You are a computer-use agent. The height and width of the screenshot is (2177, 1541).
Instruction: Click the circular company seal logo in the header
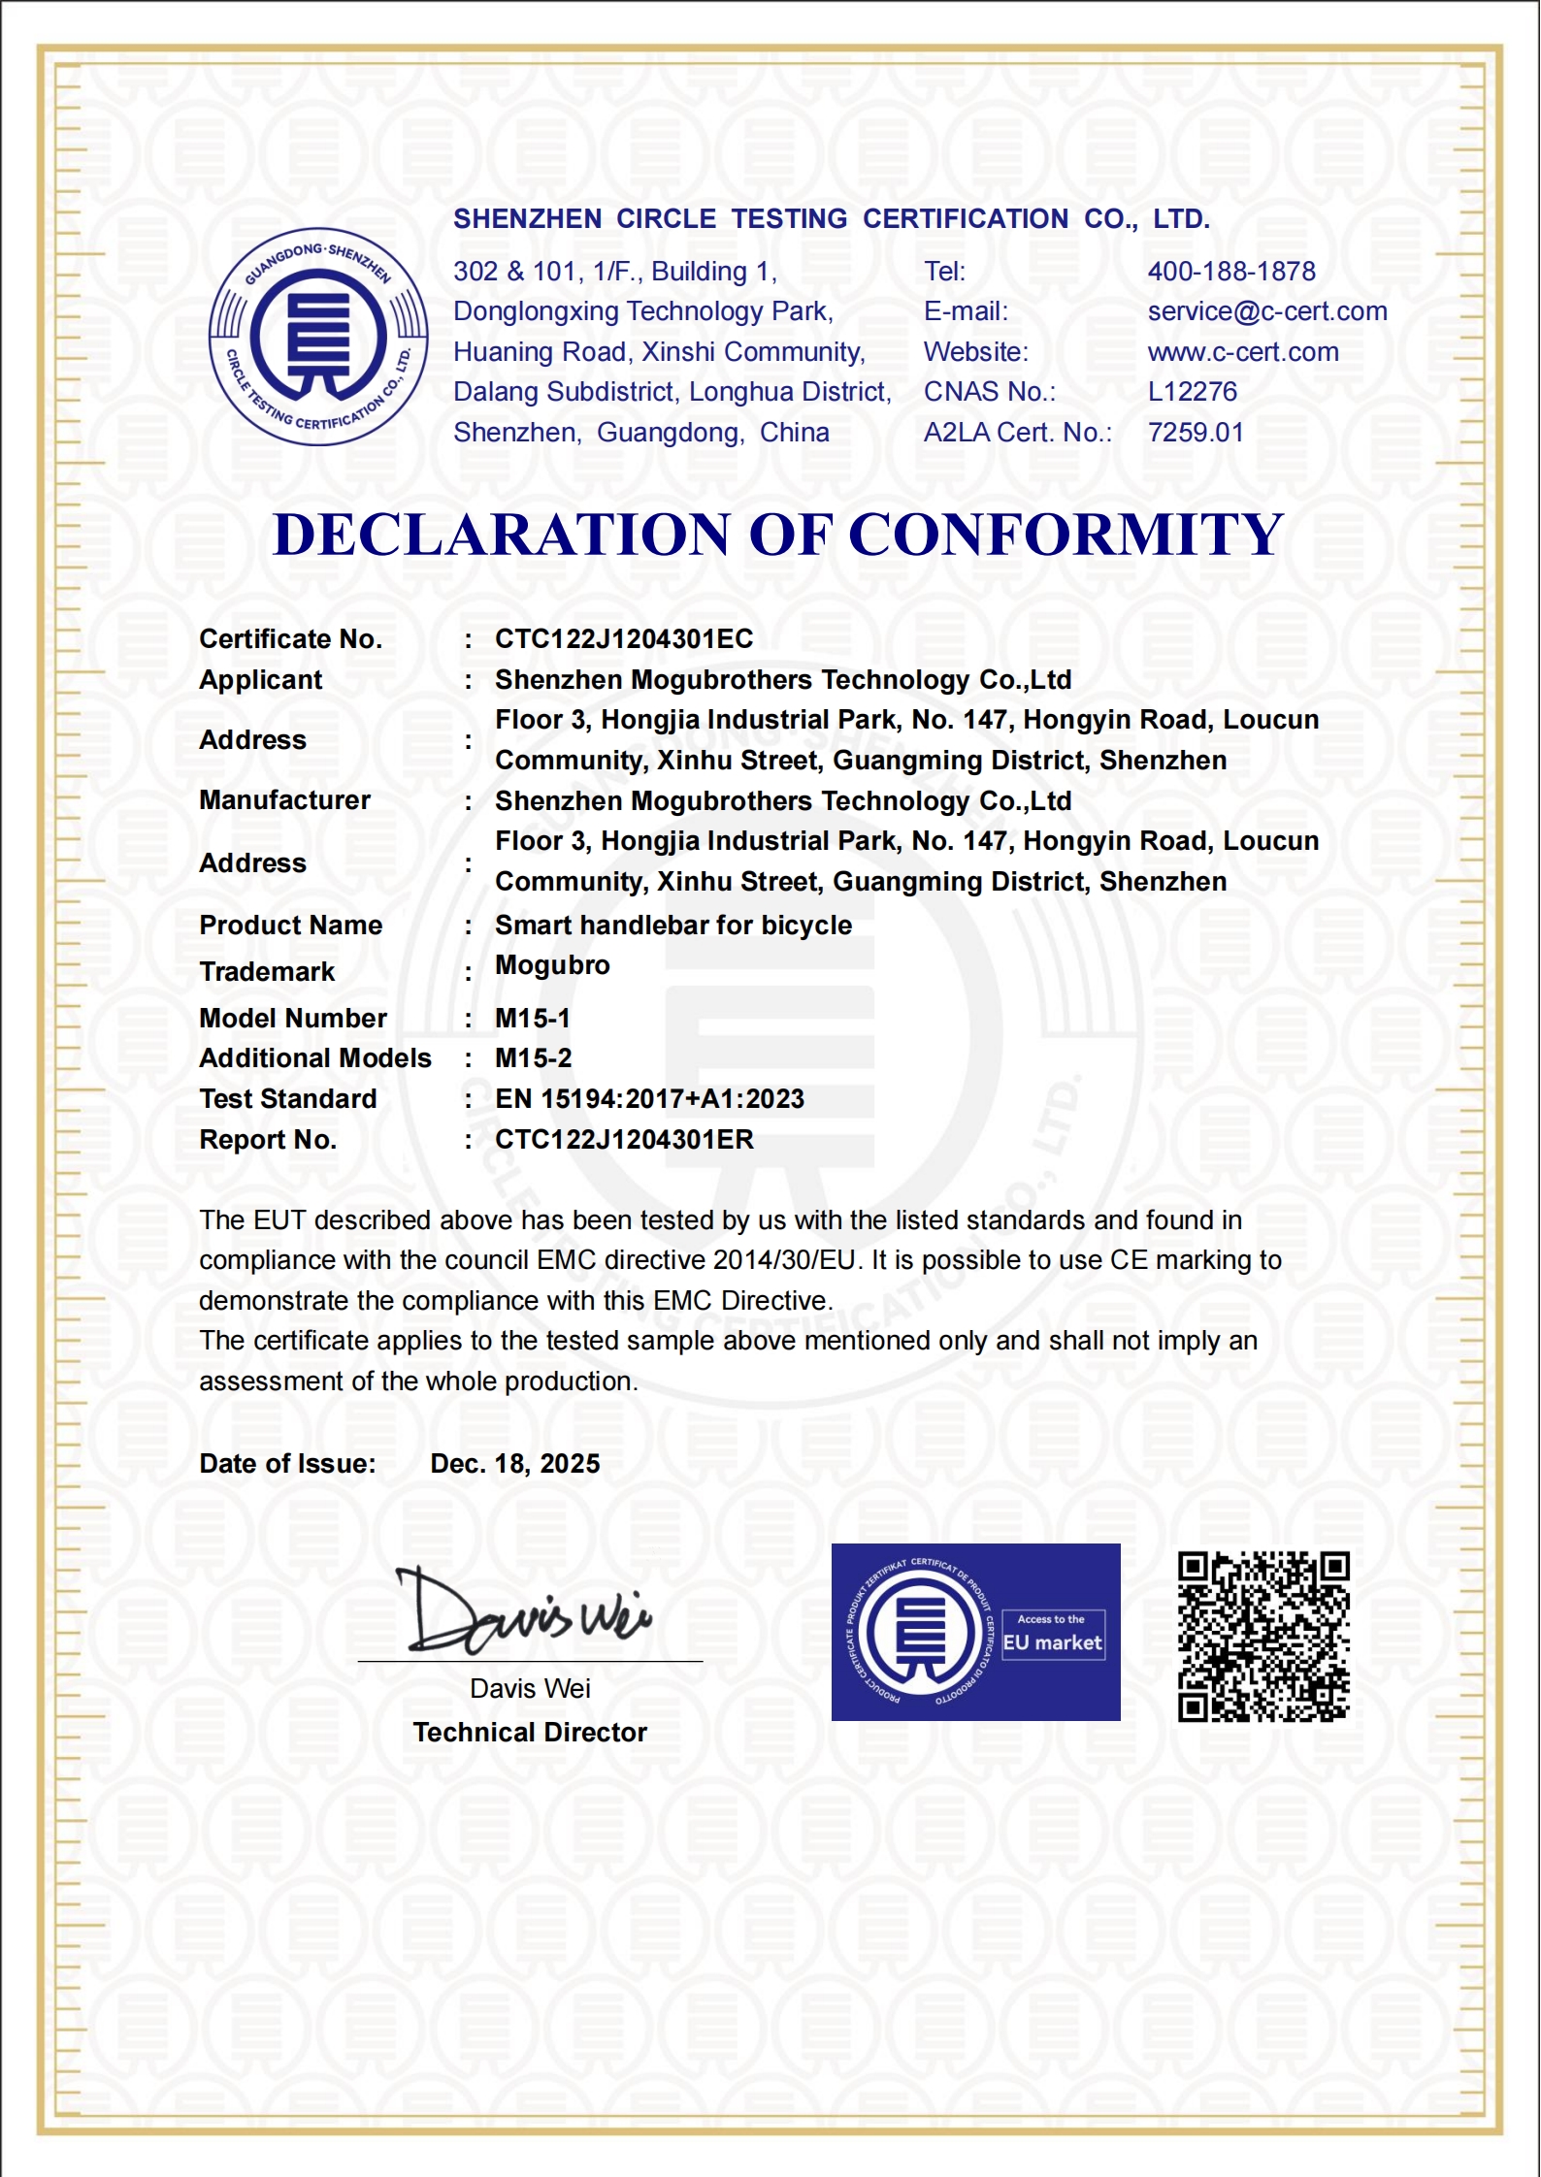click(318, 338)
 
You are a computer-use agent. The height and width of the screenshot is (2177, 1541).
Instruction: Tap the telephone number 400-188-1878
click(1231, 272)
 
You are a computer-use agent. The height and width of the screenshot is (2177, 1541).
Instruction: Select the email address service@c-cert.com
click(1267, 311)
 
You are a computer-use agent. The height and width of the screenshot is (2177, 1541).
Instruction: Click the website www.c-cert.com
click(1243, 352)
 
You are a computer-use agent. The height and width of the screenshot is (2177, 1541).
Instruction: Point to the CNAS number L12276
click(1193, 392)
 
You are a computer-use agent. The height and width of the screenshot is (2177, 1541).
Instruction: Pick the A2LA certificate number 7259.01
click(1196, 433)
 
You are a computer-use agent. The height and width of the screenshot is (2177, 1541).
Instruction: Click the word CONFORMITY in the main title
click(1066, 535)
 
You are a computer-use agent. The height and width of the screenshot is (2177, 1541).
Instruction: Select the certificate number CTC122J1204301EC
click(624, 639)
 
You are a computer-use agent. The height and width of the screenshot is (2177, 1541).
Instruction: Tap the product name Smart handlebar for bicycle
click(673, 926)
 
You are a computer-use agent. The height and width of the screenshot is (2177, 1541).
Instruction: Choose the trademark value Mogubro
click(552, 965)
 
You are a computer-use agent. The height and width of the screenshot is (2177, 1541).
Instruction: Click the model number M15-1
click(533, 1019)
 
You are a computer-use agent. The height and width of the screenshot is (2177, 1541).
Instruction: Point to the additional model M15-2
click(534, 1058)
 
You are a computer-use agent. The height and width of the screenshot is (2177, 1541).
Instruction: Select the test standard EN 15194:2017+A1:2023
click(649, 1099)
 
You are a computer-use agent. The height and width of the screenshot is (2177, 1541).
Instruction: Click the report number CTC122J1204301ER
click(624, 1140)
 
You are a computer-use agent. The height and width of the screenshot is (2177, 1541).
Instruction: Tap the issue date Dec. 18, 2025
click(515, 1464)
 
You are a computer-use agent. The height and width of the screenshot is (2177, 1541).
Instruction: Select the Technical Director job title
click(530, 1733)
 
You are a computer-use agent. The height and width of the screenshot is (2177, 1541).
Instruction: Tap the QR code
click(1263, 1637)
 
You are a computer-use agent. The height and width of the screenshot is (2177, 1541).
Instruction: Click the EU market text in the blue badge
click(1053, 1643)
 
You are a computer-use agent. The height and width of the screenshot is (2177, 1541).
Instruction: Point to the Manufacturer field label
click(284, 800)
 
